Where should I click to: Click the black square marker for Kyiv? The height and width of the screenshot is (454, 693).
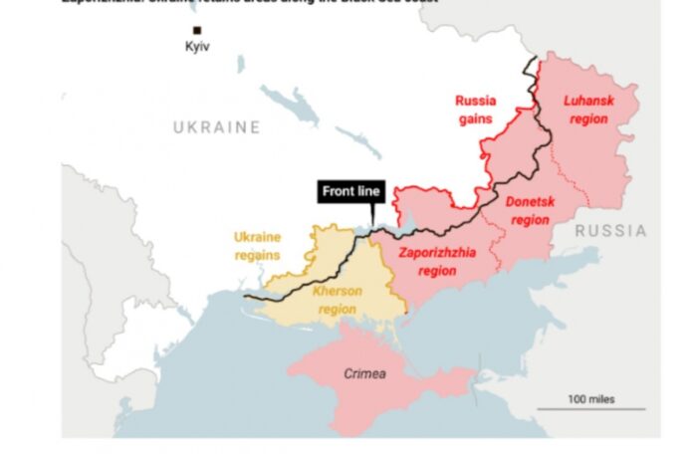coord(196,31)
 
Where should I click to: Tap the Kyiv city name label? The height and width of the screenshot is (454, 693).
coord(198,47)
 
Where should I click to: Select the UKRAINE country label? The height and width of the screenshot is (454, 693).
coord(216,127)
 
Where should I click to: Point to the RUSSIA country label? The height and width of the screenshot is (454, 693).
coord(609,231)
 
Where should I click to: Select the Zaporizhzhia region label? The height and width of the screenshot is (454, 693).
coord(437,261)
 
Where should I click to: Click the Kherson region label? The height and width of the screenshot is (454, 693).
coord(338,300)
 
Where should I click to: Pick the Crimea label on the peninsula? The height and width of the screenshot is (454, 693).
coord(363,374)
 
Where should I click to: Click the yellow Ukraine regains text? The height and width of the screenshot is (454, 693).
coord(257,246)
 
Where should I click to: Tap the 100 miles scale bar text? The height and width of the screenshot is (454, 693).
coord(591,399)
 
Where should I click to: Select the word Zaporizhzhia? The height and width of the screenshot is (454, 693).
coord(437,252)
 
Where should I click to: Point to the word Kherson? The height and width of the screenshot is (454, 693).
coord(338,291)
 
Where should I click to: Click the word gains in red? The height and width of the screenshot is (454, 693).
coord(475,118)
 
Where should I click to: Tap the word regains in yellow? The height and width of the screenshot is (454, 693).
coord(257,255)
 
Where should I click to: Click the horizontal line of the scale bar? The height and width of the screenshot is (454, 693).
coord(591,409)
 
